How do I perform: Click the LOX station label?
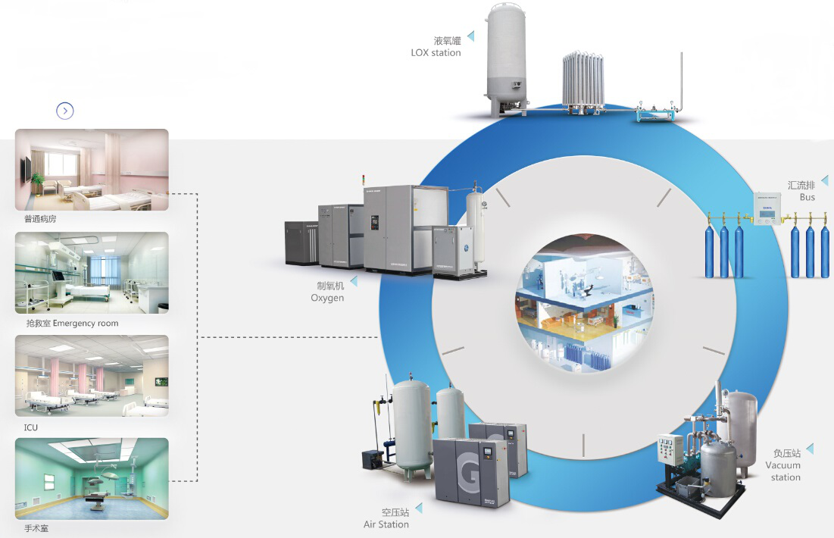[x=436, y=47]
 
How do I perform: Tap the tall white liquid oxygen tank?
[x=507, y=57]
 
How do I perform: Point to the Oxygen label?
[x=327, y=292]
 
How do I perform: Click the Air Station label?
[x=386, y=518]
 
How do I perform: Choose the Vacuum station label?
[x=782, y=464]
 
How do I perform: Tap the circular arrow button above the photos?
[x=65, y=111]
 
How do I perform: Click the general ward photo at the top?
[x=92, y=169]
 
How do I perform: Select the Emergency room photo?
[x=92, y=273]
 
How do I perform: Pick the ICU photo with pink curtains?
[x=92, y=376]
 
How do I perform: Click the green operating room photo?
[x=92, y=478]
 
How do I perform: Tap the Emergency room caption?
[x=72, y=324]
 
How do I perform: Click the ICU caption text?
[x=31, y=427]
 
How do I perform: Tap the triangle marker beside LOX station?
[x=471, y=36]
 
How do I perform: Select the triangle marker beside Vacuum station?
[x=810, y=449]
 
